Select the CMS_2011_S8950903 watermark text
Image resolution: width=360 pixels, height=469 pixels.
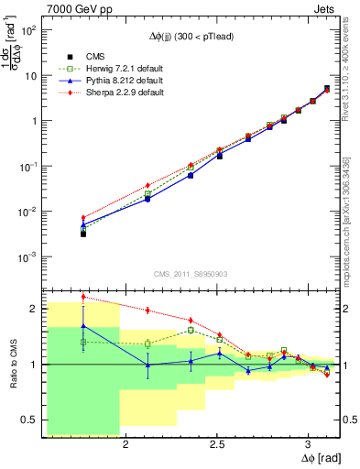[x=192, y=273]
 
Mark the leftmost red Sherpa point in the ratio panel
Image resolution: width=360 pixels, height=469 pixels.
[x=83, y=296]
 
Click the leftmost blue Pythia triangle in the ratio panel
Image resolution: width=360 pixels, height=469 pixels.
[x=83, y=325]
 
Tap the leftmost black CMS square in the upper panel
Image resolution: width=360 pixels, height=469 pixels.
[x=83, y=234]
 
